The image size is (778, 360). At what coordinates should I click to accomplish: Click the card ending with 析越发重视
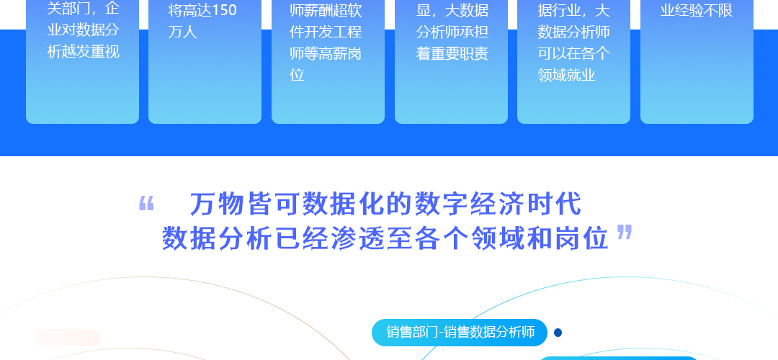pyautogui.click(x=82, y=61)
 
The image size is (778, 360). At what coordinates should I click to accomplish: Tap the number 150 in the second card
pyautogui.click(x=224, y=10)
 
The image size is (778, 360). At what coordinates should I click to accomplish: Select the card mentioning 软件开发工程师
pyautogui.click(x=328, y=61)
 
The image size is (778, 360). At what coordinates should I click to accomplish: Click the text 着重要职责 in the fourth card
pyautogui.click(x=452, y=53)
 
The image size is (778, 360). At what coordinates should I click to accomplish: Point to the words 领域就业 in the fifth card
pyautogui.click(x=566, y=76)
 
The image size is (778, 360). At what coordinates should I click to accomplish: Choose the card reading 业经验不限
pyautogui.click(x=697, y=61)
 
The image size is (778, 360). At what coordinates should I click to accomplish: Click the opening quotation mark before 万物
pyautogui.click(x=146, y=203)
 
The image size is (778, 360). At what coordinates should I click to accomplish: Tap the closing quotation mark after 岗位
pyautogui.click(x=625, y=232)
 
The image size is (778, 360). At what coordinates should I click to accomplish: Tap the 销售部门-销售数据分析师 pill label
pyautogui.click(x=460, y=332)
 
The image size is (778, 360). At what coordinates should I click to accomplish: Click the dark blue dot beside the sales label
pyautogui.click(x=558, y=333)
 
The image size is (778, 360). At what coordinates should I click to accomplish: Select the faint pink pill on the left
pyautogui.click(x=67, y=338)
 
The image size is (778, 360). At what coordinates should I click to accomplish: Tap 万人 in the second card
pyautogui.click(x=182, y=32)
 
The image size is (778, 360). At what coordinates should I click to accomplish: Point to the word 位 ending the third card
pyautogui.click(x=297, y=76)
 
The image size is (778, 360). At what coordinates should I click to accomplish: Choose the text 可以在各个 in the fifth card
pyautogui.click(x=573, y=53)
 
